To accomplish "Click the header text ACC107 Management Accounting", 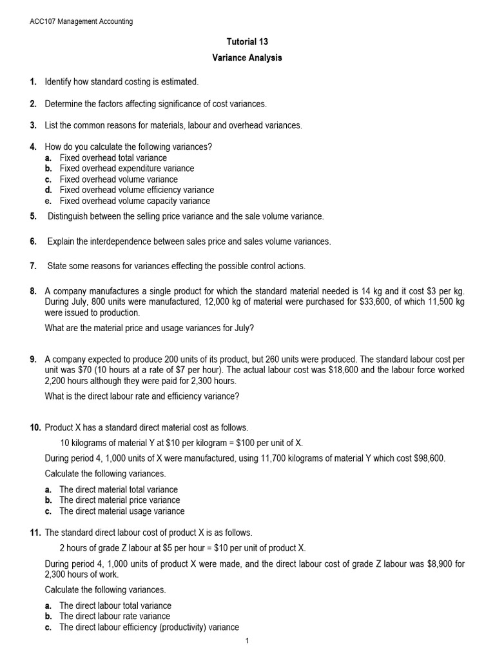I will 81,21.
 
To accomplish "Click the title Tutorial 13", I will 247,42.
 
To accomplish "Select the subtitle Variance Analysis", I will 247,58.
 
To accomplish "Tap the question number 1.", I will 33,83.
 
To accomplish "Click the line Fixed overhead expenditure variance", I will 127,168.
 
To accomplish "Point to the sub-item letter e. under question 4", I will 48,201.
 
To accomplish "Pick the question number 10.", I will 35,429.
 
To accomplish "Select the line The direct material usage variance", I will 122,511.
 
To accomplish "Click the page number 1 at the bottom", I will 247,640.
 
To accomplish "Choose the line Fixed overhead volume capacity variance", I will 135,201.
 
